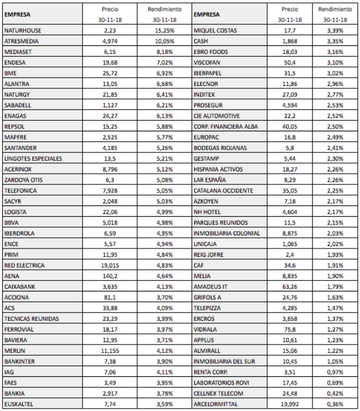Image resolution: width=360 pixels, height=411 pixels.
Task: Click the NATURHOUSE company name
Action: pos(22,31)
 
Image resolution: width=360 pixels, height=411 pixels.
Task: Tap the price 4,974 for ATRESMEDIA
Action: pos(110,41)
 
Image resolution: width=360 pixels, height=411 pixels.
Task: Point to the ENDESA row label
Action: pos(14,62)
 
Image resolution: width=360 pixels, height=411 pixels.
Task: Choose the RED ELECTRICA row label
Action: pos(24,266)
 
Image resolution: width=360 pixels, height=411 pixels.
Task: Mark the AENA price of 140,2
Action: pos(110,276)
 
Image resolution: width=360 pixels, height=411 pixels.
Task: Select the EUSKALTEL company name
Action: pos(18,405)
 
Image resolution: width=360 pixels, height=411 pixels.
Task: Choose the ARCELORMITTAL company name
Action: pos(216,405)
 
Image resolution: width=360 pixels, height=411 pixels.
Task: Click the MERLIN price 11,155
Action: pos(110,351)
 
